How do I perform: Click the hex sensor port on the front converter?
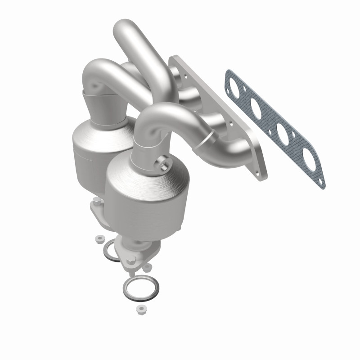click(x=165, y=165)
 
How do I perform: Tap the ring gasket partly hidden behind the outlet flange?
click(x=111, y=250)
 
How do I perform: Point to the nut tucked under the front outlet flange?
click(x=146, y=268)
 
